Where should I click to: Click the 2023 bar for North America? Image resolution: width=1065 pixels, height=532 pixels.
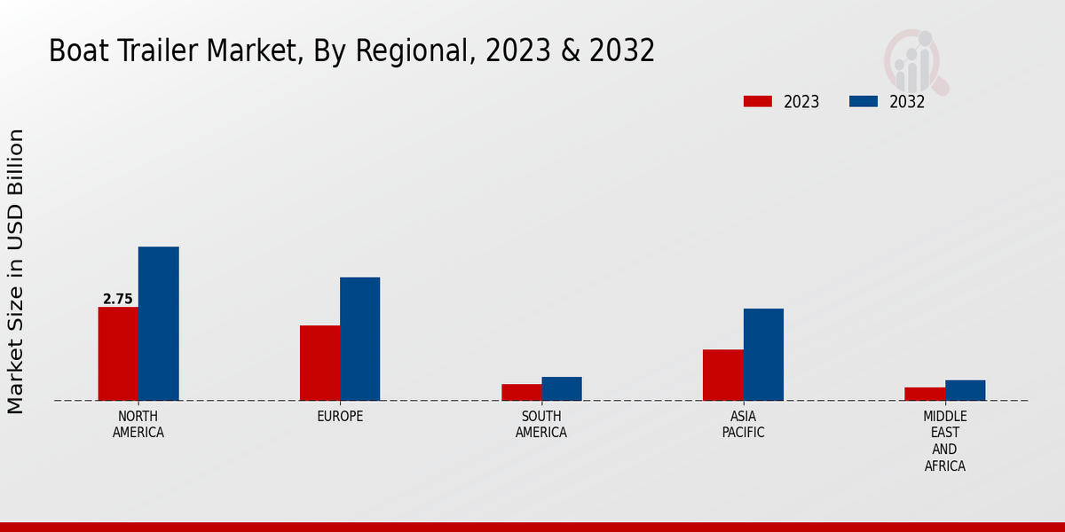point(118,354)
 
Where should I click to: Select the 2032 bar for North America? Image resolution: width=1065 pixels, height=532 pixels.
point(158,324)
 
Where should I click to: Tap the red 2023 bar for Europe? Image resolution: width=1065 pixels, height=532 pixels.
point(319,363)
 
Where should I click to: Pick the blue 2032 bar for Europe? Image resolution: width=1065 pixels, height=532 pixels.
point(359,339)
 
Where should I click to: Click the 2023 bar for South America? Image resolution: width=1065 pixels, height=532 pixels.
point(521,392)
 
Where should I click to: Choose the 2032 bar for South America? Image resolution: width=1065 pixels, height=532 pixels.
point(562,388)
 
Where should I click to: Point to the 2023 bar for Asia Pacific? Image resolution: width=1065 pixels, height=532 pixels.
point(722,375)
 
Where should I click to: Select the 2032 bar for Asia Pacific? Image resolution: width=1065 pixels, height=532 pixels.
point(763,355)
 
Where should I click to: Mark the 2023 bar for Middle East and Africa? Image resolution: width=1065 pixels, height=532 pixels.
point(925,394)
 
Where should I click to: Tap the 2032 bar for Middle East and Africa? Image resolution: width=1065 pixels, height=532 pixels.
point(965,390)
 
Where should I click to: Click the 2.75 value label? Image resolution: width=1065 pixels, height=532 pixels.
point(117,300)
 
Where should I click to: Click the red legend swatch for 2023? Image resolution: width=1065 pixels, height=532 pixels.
point(758,102)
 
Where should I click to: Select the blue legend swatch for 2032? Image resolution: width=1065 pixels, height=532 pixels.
point(864,102)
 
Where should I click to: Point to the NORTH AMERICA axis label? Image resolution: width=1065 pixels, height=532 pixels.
point(138,425)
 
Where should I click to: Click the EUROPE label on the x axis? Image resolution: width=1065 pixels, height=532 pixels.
point(340,417)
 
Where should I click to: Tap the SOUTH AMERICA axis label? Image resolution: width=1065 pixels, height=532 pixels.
point(541,425)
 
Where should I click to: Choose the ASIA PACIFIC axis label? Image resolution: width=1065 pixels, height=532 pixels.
point(744,425)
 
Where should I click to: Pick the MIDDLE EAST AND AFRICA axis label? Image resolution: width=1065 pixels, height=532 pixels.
point(945,441)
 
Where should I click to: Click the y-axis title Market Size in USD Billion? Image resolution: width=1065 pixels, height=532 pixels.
point(16,270)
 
